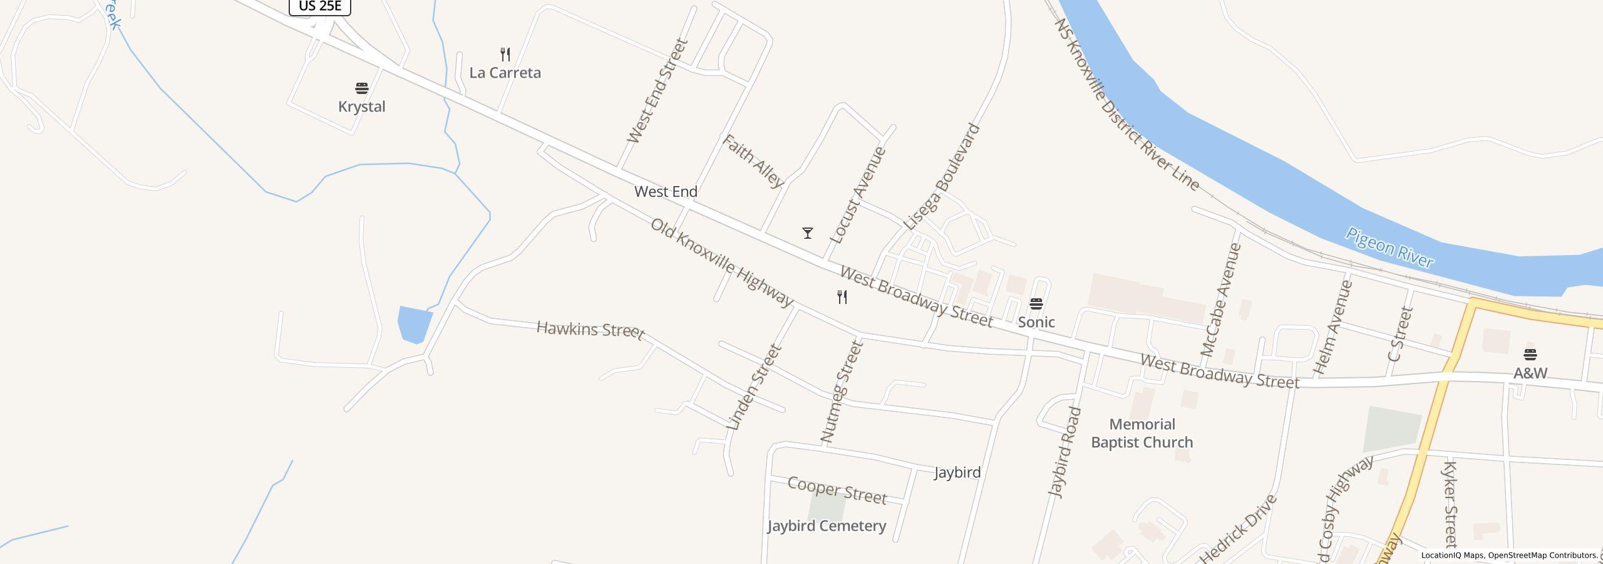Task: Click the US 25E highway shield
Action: click(x=319, y=7)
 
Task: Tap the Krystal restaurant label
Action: click(x=361, y=107)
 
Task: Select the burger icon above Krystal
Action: click(x=361, y=88)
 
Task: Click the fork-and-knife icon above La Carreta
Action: click(x=505, y=55)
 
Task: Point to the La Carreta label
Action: click(x=505, y=73)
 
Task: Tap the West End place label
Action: click(x=666, y=192)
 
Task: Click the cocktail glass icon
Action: click(x=808, y=233)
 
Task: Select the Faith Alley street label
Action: click(x=752, y=161)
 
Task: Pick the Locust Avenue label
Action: click(x=857, y=195)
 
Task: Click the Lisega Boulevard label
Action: click(x=941, y=177)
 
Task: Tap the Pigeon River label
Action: click(x=1389, y=248)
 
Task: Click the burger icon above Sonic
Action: click(x=1036, y=305)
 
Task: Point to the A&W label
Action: click(x=1530, y=373)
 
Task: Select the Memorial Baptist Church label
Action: click(x=1142, y=434)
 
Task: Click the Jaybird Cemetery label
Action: click(x=827, y=526)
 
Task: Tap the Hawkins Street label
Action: click(x=590, y=330)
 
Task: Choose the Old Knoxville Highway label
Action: click(x=722, y=263)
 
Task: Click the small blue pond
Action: click(x=414, y=325)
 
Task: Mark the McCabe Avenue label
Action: click(x=1220, y=300)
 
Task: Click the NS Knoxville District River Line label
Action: click(x=1126, y=105)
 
